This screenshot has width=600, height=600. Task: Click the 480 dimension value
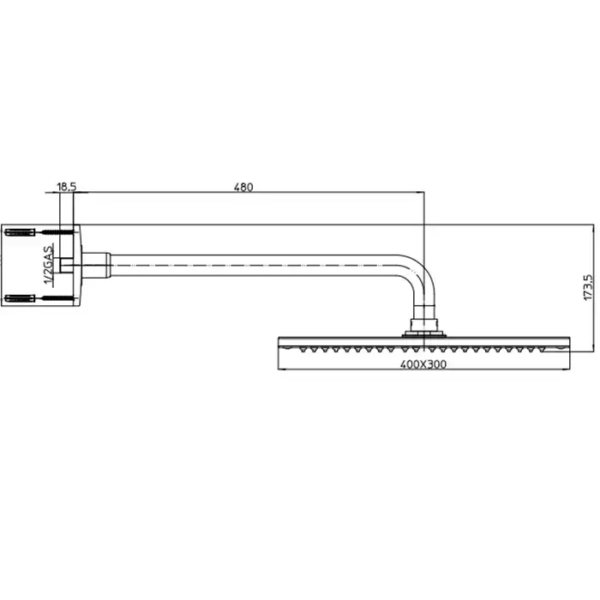tap(243, 187)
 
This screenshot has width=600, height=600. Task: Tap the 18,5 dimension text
tap(67, 187)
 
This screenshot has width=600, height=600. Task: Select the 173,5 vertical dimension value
tap(589, 287)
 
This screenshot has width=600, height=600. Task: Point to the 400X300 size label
tap(423, 364)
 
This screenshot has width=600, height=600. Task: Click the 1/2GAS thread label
tap(49, 266)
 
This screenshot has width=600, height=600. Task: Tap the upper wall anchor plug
tap(20, 232)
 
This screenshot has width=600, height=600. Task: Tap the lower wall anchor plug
tap(20, 298)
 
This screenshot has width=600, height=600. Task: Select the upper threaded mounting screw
tap(57, 232)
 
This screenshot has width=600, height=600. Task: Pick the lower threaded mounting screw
tap(57, 298)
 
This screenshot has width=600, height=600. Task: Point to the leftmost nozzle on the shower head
tap(303, 349)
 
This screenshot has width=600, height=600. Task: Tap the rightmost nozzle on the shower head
tap(542, 349)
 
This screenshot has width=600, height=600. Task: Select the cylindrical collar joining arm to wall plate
tap(96, 265)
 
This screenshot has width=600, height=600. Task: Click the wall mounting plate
tap(76, 265)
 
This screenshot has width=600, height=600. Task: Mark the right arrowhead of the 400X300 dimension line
tap(567, 369)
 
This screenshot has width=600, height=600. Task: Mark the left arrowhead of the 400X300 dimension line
tap(282, 369)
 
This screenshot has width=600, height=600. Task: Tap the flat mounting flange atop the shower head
tap(424, 335)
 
